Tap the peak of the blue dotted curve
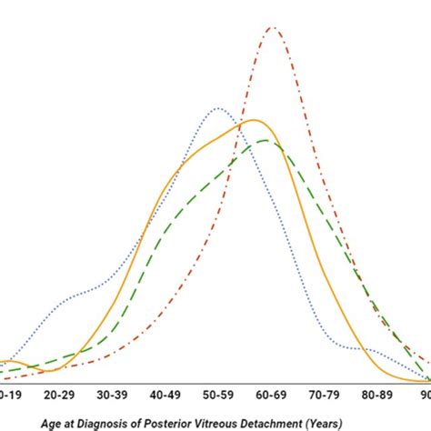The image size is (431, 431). pyautogui.click(x=219, y=108)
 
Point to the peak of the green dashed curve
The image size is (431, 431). pyautogui.click(x=265, y=140)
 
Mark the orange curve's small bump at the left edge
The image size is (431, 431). pyautogui.click(x=7, y=362)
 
